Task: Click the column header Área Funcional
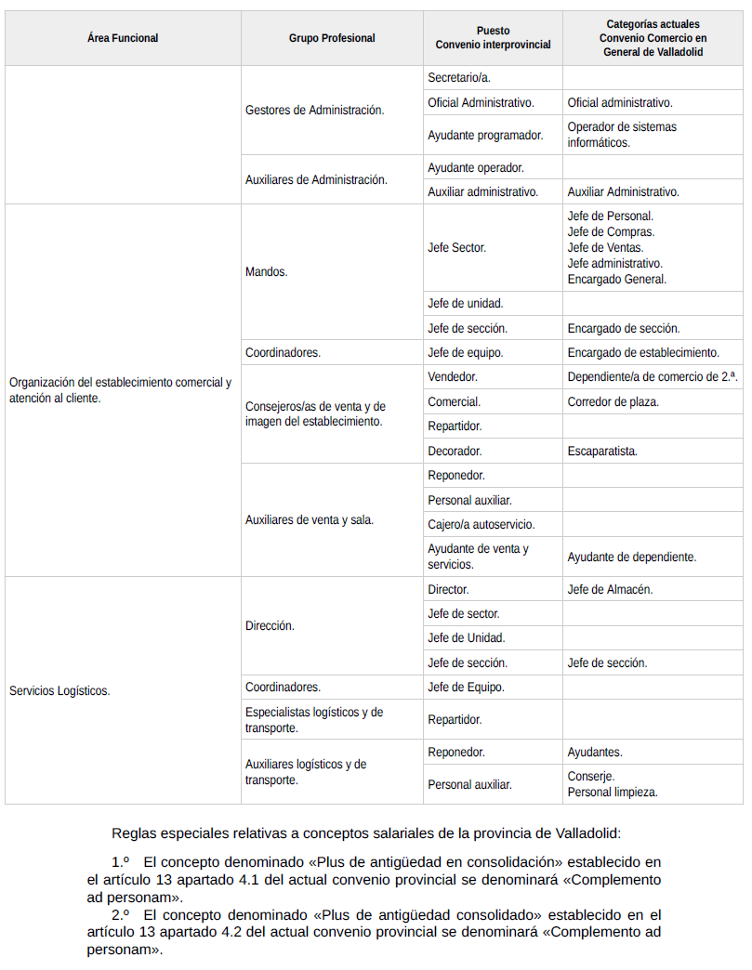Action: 123,38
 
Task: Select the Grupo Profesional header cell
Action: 332,38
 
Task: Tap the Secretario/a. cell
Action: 459,78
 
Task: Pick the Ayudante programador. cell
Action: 485,135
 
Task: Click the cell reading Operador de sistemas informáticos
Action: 622,135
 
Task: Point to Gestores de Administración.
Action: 314,110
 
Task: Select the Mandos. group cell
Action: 267,272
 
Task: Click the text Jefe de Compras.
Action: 611,231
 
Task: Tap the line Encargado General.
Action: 616,279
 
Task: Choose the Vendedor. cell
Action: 453,377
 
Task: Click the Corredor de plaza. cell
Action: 613,402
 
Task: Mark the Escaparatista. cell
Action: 602,451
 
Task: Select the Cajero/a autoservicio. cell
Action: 482,524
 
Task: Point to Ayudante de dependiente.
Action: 631,557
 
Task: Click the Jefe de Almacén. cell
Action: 610,589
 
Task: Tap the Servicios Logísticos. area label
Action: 59,690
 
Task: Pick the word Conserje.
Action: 591,776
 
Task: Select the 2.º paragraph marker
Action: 120,914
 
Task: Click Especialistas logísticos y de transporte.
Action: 313,720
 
